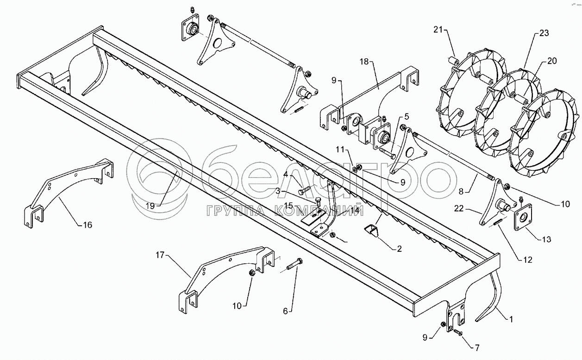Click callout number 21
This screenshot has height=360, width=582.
coord(438,30)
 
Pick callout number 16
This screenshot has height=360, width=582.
coord(87,225)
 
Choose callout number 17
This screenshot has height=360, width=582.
coord(160,254)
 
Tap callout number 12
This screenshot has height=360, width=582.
coord(528,260)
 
